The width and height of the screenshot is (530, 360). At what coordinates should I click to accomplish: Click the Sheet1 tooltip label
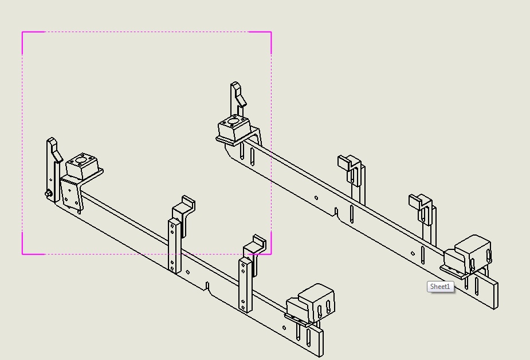pyautogui.click(x=441, y=287)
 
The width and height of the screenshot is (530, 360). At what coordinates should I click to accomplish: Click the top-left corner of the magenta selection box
pyautogui.click(x=22, y=32)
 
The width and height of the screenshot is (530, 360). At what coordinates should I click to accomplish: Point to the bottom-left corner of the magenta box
pyautogui.click(x=22, y=254)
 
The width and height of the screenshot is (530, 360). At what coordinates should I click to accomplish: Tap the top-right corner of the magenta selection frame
pyautogui.click(x=272, y=32)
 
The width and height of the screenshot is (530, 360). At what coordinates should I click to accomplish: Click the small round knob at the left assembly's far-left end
pyautogui.click(x=48, y=194)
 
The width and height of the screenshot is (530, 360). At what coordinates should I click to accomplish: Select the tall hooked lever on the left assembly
pyautogui.click(x=54, y=169)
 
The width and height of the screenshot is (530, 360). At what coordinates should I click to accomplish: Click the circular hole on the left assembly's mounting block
pyautogui.click(x=81, y=159)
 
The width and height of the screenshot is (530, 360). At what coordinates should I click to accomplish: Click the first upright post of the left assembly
pyautogui.click(x=174, y=246)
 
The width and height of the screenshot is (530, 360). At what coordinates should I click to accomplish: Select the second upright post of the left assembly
pyautogui.click(x=246, y=285)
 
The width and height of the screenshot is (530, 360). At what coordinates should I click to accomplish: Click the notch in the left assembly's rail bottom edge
pyautogui.click(x=207, y=286)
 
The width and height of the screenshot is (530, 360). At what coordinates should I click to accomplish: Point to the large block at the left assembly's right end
pyautogui.click(x=316, y=302)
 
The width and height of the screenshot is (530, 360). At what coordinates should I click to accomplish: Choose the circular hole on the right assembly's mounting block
pyautogui.click(x=233, y=122)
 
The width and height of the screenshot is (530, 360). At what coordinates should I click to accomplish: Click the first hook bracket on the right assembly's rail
pyautogui.click(x=352, y=169)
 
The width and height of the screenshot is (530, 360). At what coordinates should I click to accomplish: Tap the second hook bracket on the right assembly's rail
pyautogui.click(x=422, y=208)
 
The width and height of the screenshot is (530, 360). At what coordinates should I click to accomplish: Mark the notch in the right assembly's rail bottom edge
pyautogui.click(x=336, y=212)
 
